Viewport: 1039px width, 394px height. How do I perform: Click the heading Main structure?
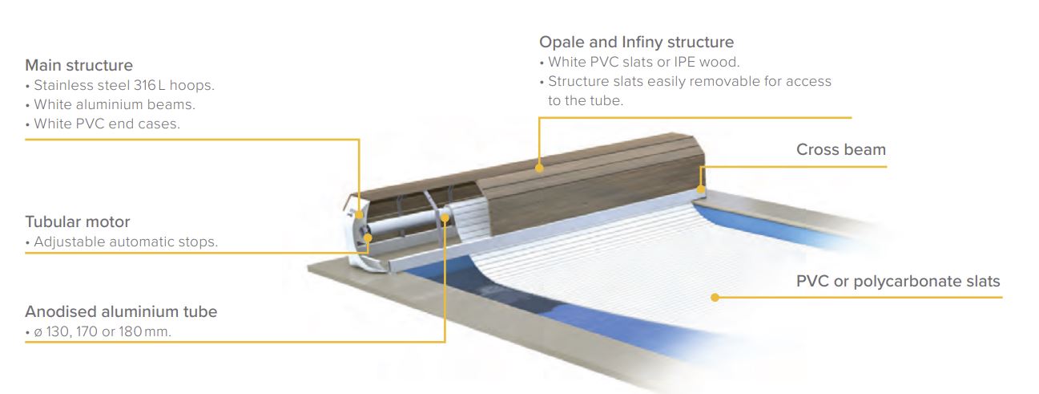coord(79,66)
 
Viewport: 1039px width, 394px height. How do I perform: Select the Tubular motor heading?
coord(78,222)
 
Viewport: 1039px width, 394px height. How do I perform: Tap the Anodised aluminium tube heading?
coord(121,312)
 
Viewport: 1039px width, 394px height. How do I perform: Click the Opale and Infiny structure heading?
coord(636,43)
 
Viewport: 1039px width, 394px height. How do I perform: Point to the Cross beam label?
coord(841,149)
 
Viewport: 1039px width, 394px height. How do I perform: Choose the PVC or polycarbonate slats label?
coord(898,282)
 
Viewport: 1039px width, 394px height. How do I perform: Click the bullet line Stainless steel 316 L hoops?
coord(124,86)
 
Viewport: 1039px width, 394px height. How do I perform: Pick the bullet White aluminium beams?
coord(114,104)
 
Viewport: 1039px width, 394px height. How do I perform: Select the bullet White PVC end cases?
coord(107,124)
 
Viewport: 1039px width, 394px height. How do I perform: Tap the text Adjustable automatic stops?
coord(126,242)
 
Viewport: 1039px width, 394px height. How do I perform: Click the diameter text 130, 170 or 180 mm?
coord(108,331)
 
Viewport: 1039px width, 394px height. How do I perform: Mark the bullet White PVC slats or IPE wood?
coord(644,63)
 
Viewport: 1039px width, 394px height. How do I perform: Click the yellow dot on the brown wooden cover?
coord(539,169)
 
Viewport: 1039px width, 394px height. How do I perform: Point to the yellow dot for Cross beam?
coord(701,189)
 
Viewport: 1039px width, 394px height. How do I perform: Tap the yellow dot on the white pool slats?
coord(715,297)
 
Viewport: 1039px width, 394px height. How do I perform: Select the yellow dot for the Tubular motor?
coord(368,238)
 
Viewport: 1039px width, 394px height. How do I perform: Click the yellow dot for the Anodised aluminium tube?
coord(445,217)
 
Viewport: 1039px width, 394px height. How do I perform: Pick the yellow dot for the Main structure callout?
coord(359,214)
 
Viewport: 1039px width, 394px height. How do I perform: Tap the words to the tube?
coord(586,101)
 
